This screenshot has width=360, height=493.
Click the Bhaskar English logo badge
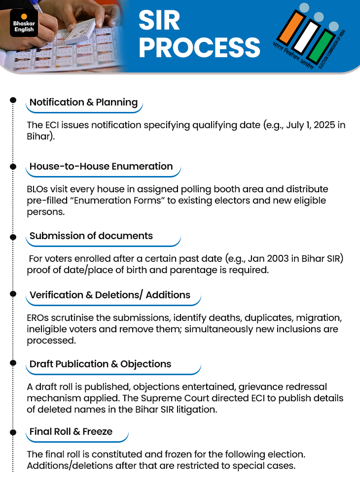click(x=23, y=23)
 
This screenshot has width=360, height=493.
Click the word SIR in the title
click(x=159, y=21)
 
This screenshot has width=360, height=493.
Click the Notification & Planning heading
click(x=83, y=103)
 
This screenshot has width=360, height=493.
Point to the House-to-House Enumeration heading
click(x=101, y=167)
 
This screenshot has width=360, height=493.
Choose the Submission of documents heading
click(x=91, y=236)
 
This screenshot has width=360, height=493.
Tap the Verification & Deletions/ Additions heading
click(x=110, y=295)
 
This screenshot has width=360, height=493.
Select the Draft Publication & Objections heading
click(x=101, y=364)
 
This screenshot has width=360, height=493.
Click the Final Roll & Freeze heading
click(x=71, y=431)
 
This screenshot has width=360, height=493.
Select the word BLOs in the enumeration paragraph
click(x=38, y=189)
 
